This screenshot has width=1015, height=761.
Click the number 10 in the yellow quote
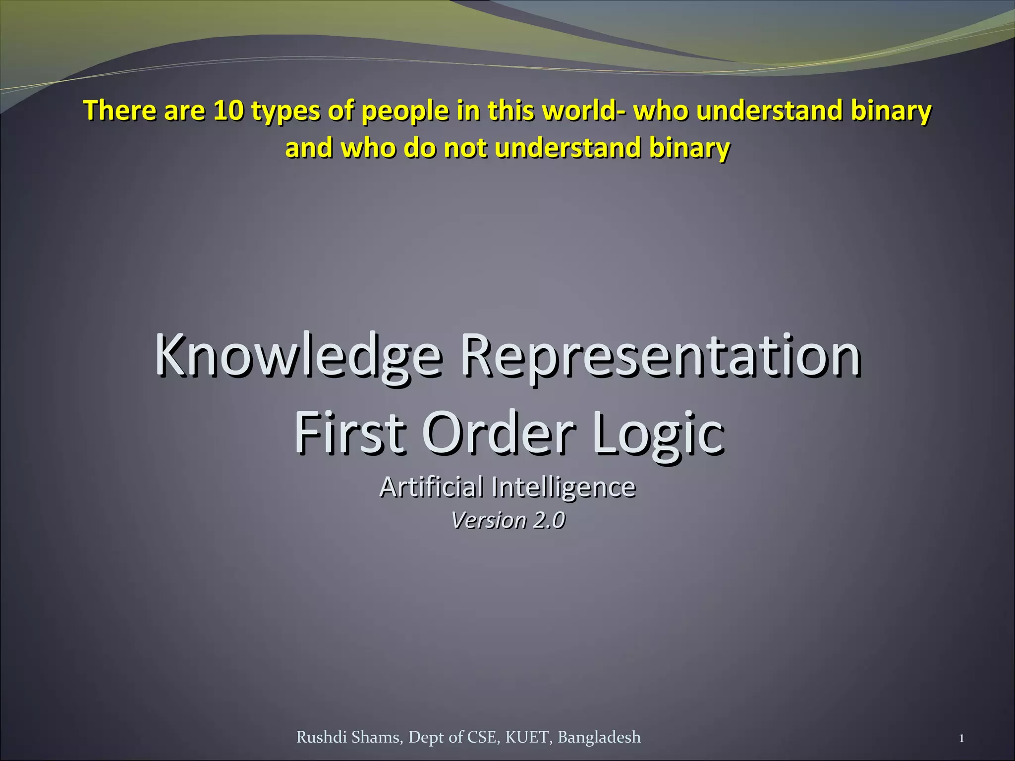[228, 110]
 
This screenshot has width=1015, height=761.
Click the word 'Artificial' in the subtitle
[431, 487]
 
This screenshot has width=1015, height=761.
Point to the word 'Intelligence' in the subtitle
[564, 488]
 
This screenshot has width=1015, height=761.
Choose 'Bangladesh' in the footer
[599, 738]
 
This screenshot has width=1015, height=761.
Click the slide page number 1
[961, 739]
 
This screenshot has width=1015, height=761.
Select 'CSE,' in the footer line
[484, 737]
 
